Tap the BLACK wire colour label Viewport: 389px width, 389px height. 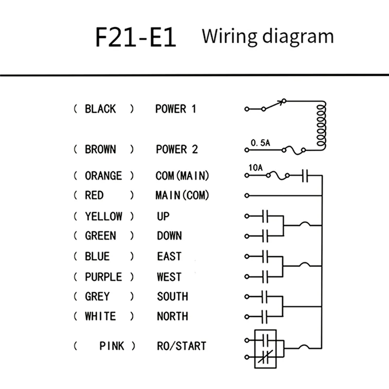point(100,108)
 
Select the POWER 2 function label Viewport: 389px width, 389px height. point(177,149)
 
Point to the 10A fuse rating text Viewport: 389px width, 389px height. point(255,168)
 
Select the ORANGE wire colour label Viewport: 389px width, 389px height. point(103,176)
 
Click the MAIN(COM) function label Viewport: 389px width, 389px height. point(182,195)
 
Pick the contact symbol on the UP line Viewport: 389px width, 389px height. point(265,215)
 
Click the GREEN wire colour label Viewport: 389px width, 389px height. point(100,236)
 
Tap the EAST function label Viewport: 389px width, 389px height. point(169,256)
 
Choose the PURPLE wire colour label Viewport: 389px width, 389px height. point(103,277)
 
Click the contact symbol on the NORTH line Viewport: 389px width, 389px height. point(265,316)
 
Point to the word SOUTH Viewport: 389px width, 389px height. point(172,296)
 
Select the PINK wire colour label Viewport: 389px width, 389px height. point(111,346)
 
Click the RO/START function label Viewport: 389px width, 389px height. point(181,346)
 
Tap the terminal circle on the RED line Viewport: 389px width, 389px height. point(247,195)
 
